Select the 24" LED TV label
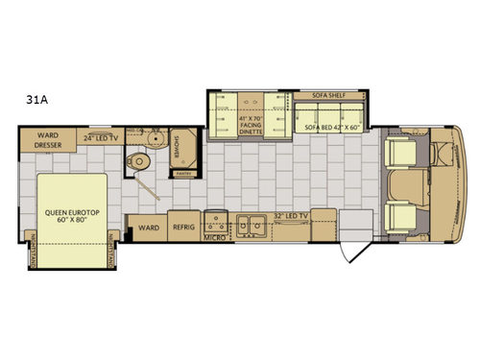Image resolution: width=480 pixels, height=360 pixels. pos(101,137)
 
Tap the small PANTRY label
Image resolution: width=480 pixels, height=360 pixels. pos(180,174)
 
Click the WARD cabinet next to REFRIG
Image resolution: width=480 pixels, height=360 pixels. pos(148,228)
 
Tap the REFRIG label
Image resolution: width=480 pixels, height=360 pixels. pos(183,228)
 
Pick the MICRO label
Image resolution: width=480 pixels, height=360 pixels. pos(214,234)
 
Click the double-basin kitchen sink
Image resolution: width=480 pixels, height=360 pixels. pos(254,226)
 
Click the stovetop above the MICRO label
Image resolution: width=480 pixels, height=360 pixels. pos(215,221)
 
